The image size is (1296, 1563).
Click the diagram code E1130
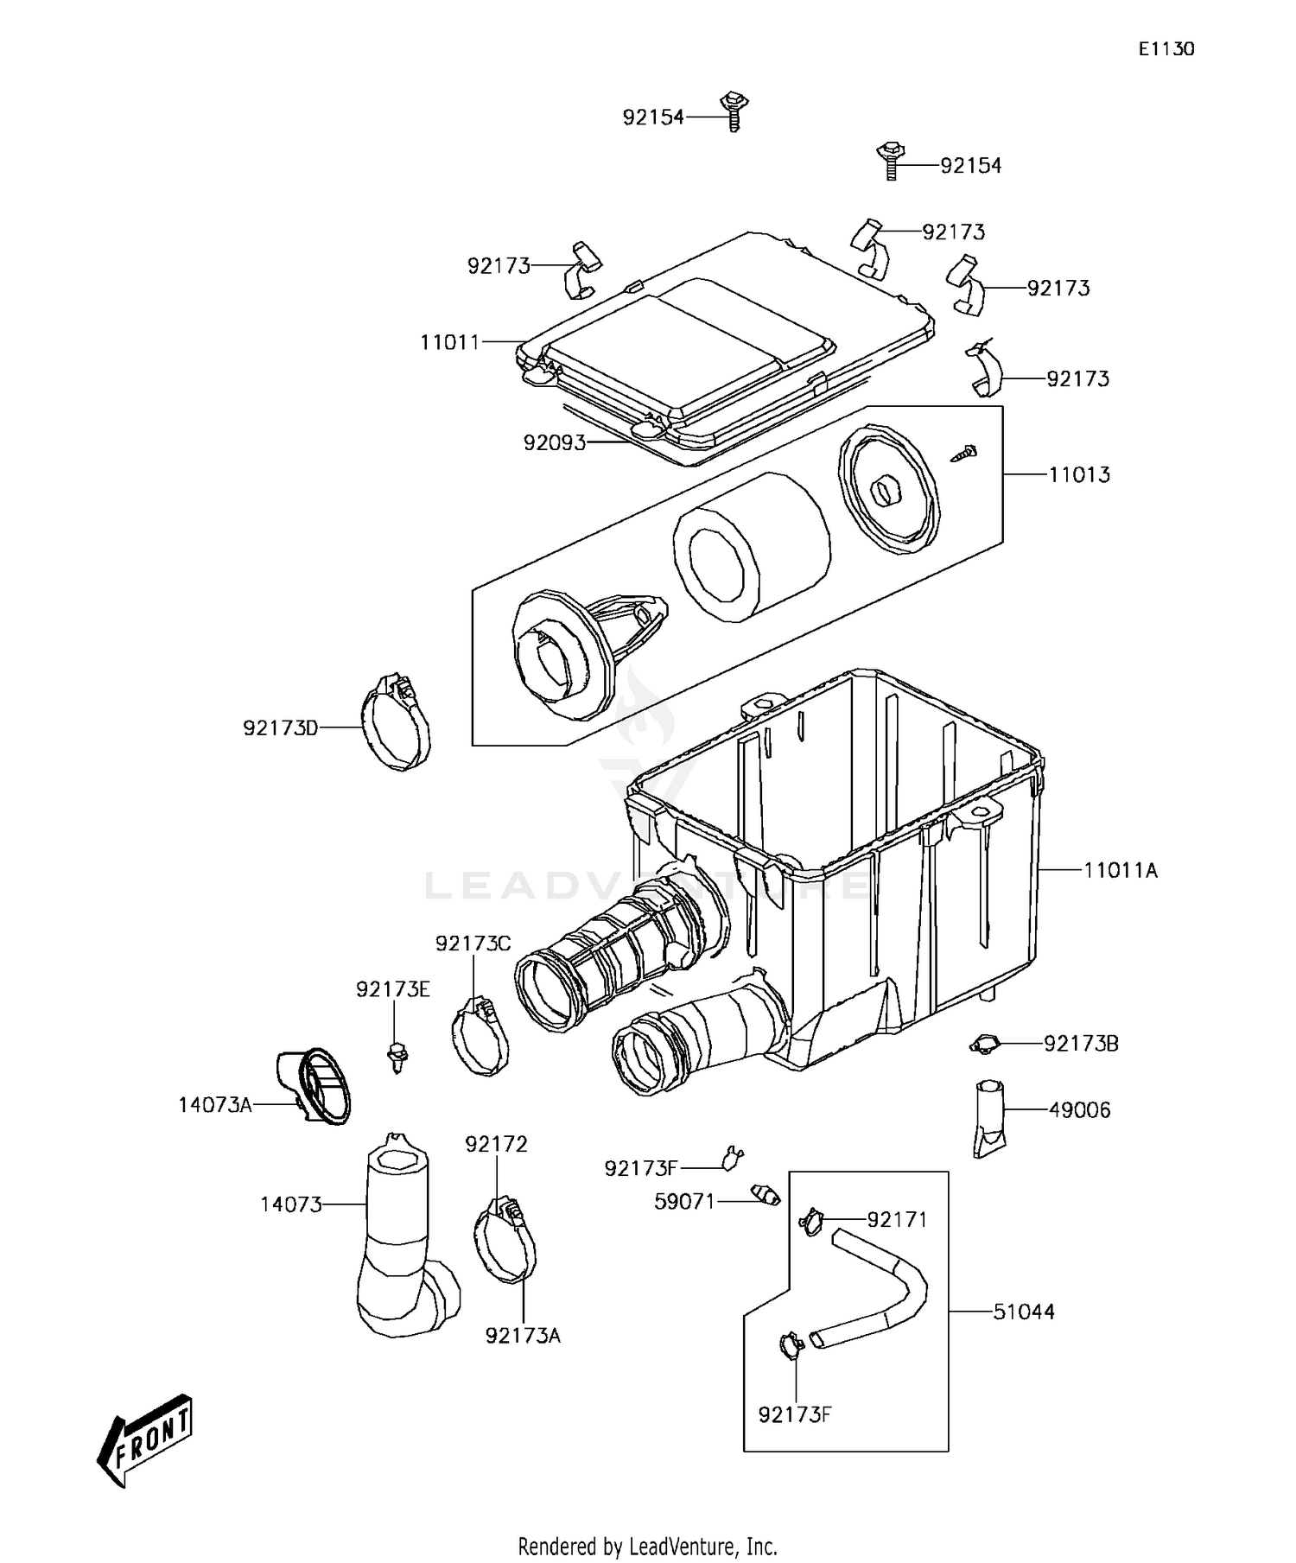pyautogui.click(x=1166, y=49)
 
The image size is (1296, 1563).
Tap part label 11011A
pyautogui.click(x=1121, y=870)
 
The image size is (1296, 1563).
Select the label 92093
pyautogui.click(x=555, y=443)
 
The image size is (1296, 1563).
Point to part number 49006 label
pyautogui.click(x=1079, y=1109)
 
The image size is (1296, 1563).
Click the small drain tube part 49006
pyautogui.click(x=989, y=1118)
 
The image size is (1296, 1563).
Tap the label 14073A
pyautogui.click(x=215, y=1104)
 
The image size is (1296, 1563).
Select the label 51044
pyautogui.click(x=1024, y=1312)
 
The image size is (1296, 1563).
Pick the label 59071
pyautogui.click(x=686, y=1201)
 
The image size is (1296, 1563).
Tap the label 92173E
pyautogui.click(x=393, y=989)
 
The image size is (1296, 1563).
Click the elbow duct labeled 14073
pyautogui.click(x=399, y=1244)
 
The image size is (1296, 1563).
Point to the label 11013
pyautogui.click(x=1079, y=474)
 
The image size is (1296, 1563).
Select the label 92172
pyautogui.click(x=496, y=1144)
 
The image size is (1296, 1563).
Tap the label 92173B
pyautogui.click(x=1081, y=1044)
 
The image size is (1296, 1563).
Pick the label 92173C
pyautogui.click(x=473, y=944)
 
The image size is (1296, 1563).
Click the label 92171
pyautogui.click(x=897, y=1219)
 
